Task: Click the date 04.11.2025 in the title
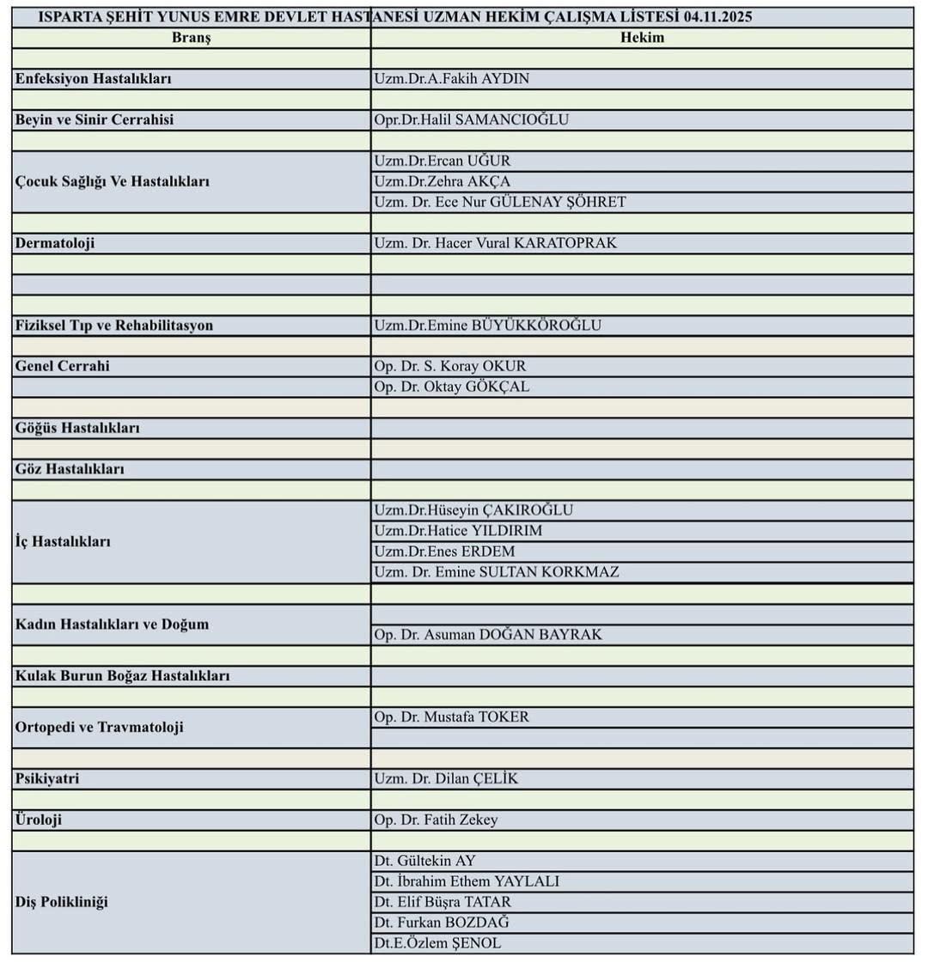(x=718, y=17)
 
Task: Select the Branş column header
(x=191, y=38)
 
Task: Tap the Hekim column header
(x=642, y=38)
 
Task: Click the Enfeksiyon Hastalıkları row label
(x=93, y=79)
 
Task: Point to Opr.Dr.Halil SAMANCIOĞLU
(x=471, y=120)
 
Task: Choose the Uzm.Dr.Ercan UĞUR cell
(x=443, y=161)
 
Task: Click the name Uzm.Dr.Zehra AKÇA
(x=442, y=181)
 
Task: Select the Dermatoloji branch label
(x=55, y=243)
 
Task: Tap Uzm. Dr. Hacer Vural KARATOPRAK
(x=495, y=243)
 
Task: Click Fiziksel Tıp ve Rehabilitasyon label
(x=113, y=326)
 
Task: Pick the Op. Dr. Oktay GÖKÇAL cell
(x=451, y=387)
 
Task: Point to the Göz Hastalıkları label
(x=70, y=469)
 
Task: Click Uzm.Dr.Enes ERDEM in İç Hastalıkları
(x=444, y=552)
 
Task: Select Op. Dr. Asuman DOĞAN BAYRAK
(x=487, y=635)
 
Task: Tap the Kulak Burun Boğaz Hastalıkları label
(x=122, y=676)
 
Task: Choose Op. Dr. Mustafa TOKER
(x=451, y=717)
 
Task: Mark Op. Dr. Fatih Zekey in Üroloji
(x=436, y=820)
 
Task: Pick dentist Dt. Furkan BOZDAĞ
(x=441, y=923)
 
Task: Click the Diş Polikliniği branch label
(x=61, y=902)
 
